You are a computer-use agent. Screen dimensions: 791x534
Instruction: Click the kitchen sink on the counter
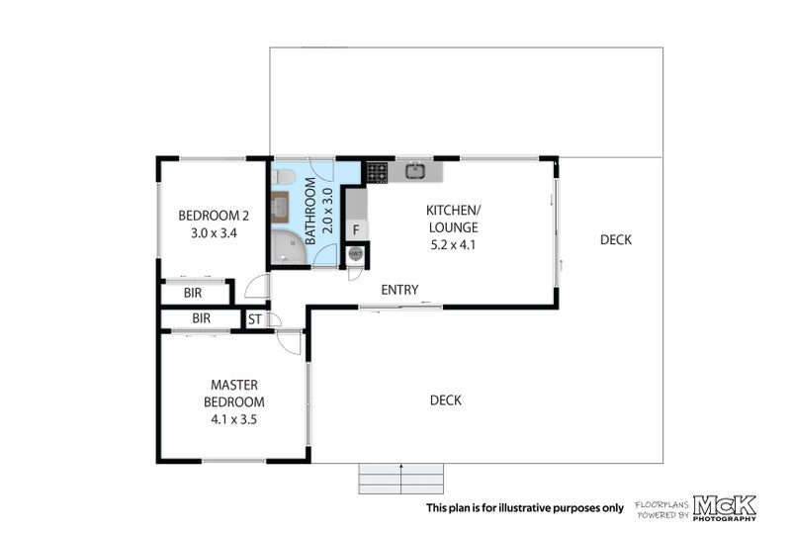pos(415,171)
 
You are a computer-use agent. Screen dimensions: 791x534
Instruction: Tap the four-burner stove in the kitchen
pos(377,172)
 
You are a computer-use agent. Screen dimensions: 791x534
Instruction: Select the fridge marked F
pos(356,230)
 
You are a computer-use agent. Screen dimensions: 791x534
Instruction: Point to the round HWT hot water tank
pos(356,254)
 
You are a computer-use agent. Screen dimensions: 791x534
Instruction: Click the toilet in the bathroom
pos(283,177)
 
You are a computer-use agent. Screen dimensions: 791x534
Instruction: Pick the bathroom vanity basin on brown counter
pos(280,207)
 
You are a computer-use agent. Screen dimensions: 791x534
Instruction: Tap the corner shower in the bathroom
pos(288,247)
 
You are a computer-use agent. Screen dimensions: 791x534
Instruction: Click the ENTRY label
pos(399,290)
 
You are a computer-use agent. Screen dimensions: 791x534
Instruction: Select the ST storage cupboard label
pos(255,319)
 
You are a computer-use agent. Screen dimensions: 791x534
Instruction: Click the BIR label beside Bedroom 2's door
pos(193,293)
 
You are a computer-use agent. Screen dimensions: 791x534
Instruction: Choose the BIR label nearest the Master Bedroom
pos(202,318)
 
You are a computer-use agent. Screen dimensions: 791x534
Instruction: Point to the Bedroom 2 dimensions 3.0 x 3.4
pos(214,233)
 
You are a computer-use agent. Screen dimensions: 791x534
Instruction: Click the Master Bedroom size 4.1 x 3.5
pos(234,419)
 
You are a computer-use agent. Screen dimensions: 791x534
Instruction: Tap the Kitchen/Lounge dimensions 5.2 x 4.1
pos(453,245)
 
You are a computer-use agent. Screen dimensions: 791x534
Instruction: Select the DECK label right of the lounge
pos(615,239)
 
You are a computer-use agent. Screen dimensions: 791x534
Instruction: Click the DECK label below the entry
pos(446,400)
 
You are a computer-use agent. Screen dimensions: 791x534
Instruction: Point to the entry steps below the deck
pos(401,479)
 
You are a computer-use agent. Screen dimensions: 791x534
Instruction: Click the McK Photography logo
pos(725,507)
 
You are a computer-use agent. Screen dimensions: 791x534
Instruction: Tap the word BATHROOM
pos(310,211)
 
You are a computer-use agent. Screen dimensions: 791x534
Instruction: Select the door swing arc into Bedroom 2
pos(255,286)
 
